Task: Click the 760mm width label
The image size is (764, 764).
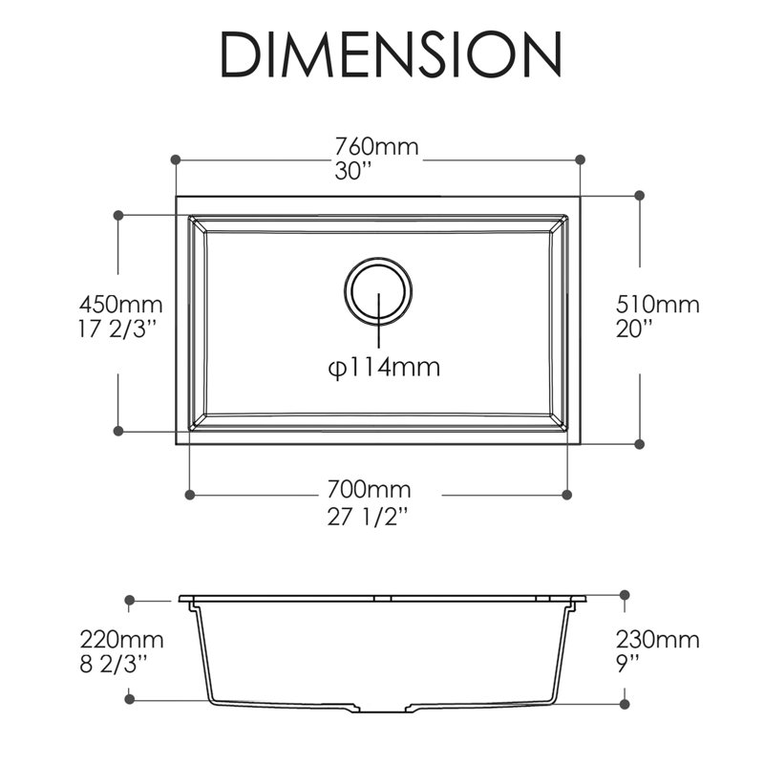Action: pos(376,148)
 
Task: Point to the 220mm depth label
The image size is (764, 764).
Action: pos(120,640)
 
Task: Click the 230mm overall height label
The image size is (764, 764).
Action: pos(657,640)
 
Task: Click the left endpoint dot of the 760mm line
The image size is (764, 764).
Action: pos(176,159)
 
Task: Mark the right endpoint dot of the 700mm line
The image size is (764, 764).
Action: pos(566,495)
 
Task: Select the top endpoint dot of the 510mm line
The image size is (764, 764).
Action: pos(640,196)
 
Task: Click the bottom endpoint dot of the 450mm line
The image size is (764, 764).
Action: pos(117,432)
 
